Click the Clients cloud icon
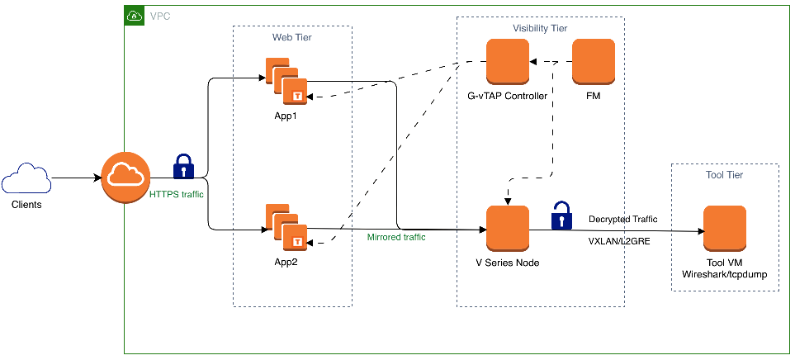[26, 179]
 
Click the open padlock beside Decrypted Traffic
[562, 216]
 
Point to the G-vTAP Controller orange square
[507, 62]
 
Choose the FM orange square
[594, 62]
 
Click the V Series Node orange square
[507, 228]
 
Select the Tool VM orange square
[724, 228]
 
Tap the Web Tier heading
[292, 38]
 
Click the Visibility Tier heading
[540, 28]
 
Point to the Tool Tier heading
[724, 176]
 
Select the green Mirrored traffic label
[396, 238]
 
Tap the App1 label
[286, 115]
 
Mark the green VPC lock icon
[134, 15]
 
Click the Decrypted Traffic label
[622, 220]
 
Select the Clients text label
[26, 205]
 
